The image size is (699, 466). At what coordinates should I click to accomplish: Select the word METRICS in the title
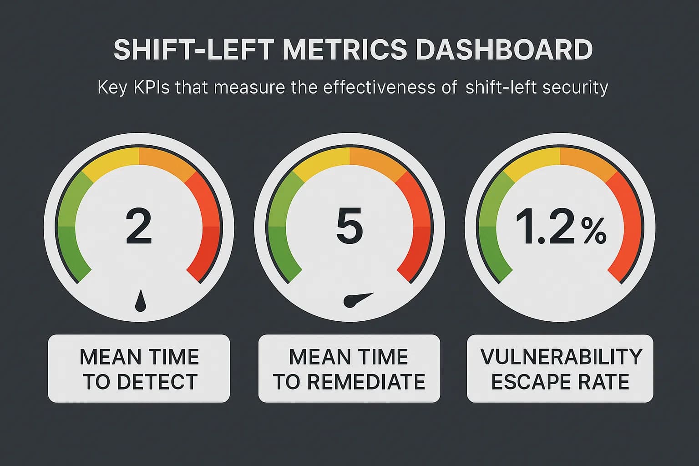tap(344, 50)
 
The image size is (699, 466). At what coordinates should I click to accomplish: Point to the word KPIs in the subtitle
tap(152, 87)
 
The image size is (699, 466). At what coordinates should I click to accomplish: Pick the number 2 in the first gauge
tap(138, 226)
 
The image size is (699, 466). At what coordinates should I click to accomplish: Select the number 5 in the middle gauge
tap(349, 226)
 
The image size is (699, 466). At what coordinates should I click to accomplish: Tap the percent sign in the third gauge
tap(593, 232)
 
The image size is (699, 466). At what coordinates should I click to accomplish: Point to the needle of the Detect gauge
tap(141, 301)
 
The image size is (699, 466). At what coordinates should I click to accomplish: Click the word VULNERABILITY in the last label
tap(561, 357)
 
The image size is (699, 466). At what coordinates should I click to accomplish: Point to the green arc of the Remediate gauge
tap(279, 228)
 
